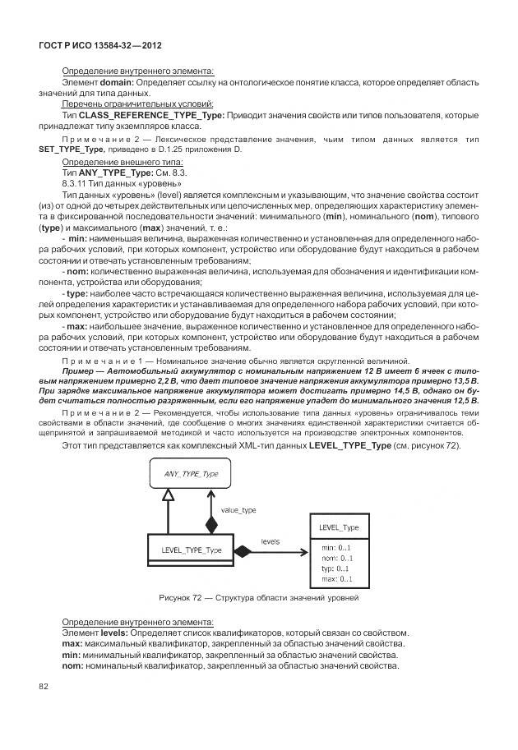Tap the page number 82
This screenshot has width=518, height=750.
pyautogui.click(x=44, y=685)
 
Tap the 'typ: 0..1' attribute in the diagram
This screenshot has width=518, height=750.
pyautogui.click(x=335, y=568)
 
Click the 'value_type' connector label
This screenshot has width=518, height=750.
pyautogui.click(x=238, y=510)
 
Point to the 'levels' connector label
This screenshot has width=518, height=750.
pyautogui.click(x=271, y=541)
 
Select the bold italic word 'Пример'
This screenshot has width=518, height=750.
pyautogui.click(x=81, y=371)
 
